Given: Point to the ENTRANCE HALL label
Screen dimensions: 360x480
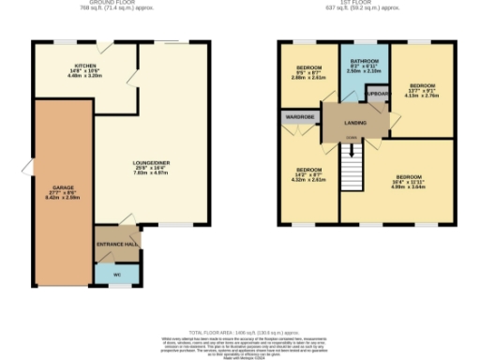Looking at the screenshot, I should point(116,244).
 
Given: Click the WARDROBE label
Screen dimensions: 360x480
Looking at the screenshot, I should point(299,118).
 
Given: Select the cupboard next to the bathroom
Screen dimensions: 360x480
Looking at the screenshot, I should point(379,95).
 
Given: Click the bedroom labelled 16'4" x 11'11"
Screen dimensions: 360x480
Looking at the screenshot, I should point(408,177).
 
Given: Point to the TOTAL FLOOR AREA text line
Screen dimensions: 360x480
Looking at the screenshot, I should point(241,332).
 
